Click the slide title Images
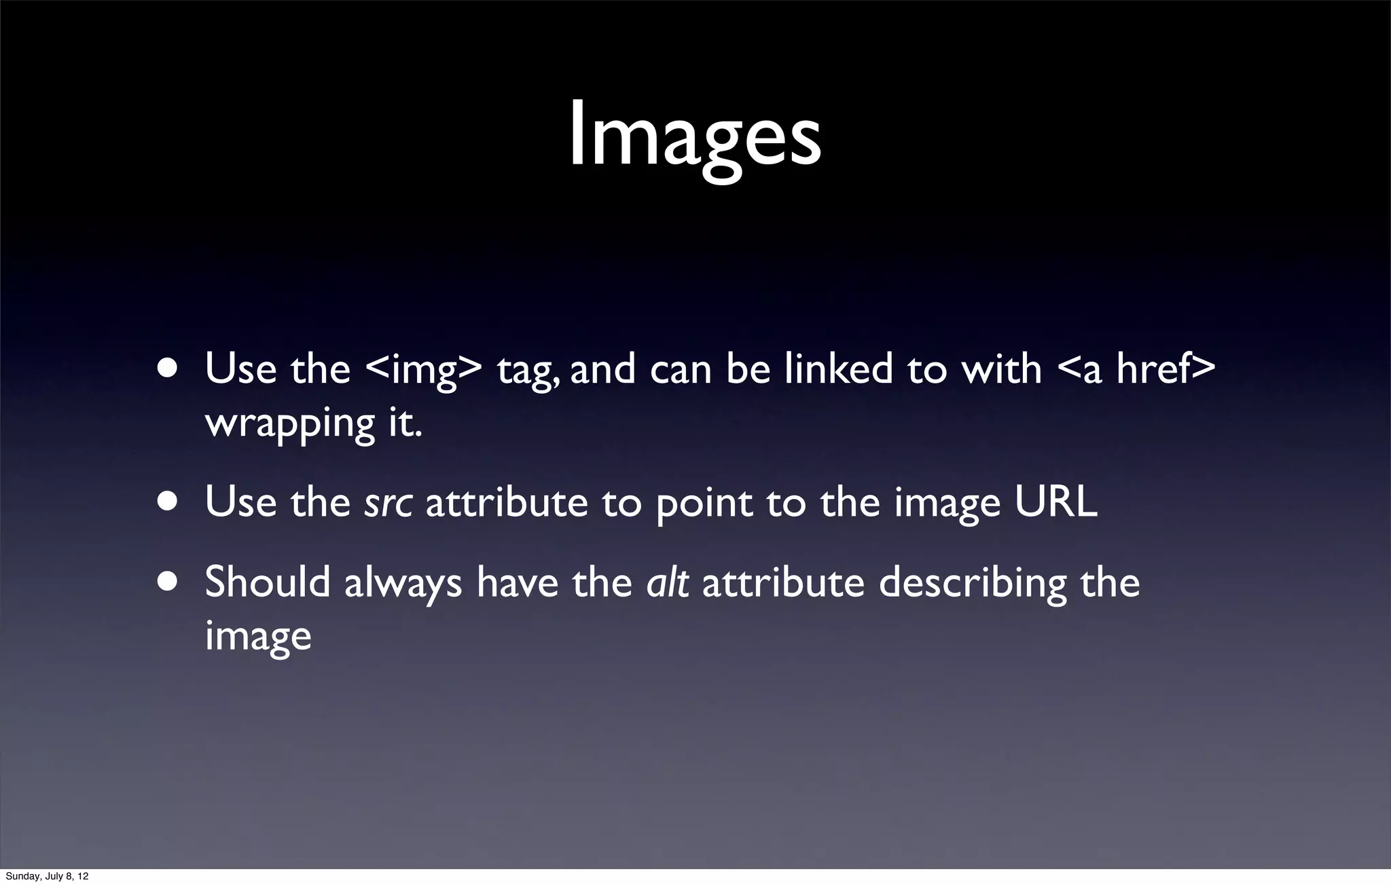click(x=695, y=136)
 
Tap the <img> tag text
click(x=423, y=370)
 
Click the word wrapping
click(x=289, y=424)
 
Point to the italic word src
click(x=388, y=503)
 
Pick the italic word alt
click(x=668, y=582)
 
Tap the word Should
click(x=268, y=582)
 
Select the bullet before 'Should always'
click(x=167, y=582)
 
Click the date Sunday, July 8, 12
click(x=47, y=876)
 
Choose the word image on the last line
click(x=258, y=637)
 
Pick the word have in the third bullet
click(x=517, y=582)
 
